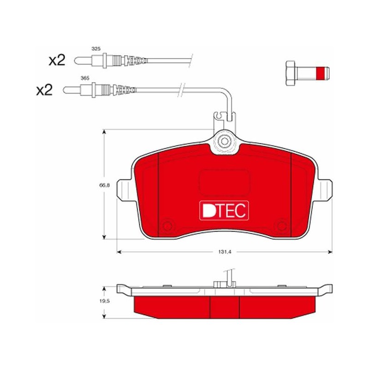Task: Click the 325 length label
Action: point(96,49)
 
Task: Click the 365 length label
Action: point(85,78)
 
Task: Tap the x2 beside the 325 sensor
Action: point(57,60)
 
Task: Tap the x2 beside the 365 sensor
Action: point(44,90)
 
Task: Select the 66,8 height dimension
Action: point(105,185)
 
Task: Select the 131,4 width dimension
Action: point(225,252)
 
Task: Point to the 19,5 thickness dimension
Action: point(105,301)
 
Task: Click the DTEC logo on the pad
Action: point(224,210)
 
